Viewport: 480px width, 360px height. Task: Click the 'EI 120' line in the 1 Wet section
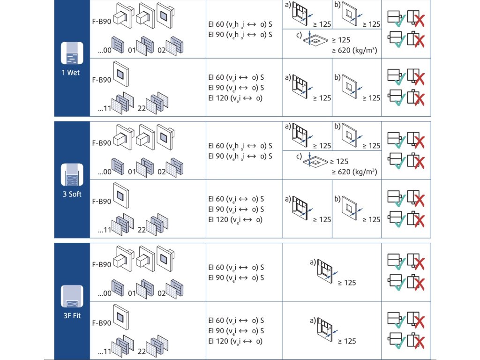(x=235, y=98)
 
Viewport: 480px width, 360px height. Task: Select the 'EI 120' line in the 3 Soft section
(x=235, y=219)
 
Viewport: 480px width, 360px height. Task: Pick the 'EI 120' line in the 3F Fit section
(x=235, y=341)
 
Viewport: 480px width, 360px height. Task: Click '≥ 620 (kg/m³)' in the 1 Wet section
(x=354, y=50)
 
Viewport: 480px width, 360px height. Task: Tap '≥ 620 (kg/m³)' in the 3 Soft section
(x=354, y=172)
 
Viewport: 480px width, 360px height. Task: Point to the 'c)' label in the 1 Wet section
(x=299, y=34)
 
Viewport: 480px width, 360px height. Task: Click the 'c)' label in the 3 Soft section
(x=299, y=156)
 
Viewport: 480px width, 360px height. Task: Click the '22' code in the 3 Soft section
(x=141, y=231)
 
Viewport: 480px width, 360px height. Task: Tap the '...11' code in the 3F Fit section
(x=105, y=352)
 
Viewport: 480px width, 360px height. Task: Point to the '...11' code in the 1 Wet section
(x=105, y=109)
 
